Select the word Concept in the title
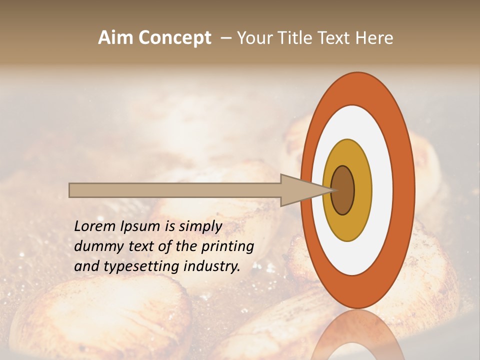click(175, 38)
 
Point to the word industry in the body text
click(211, 266)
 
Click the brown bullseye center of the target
click(343, 190)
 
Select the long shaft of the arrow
click(175, 190)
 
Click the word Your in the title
click(252, 38)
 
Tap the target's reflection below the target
click(357, 335)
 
